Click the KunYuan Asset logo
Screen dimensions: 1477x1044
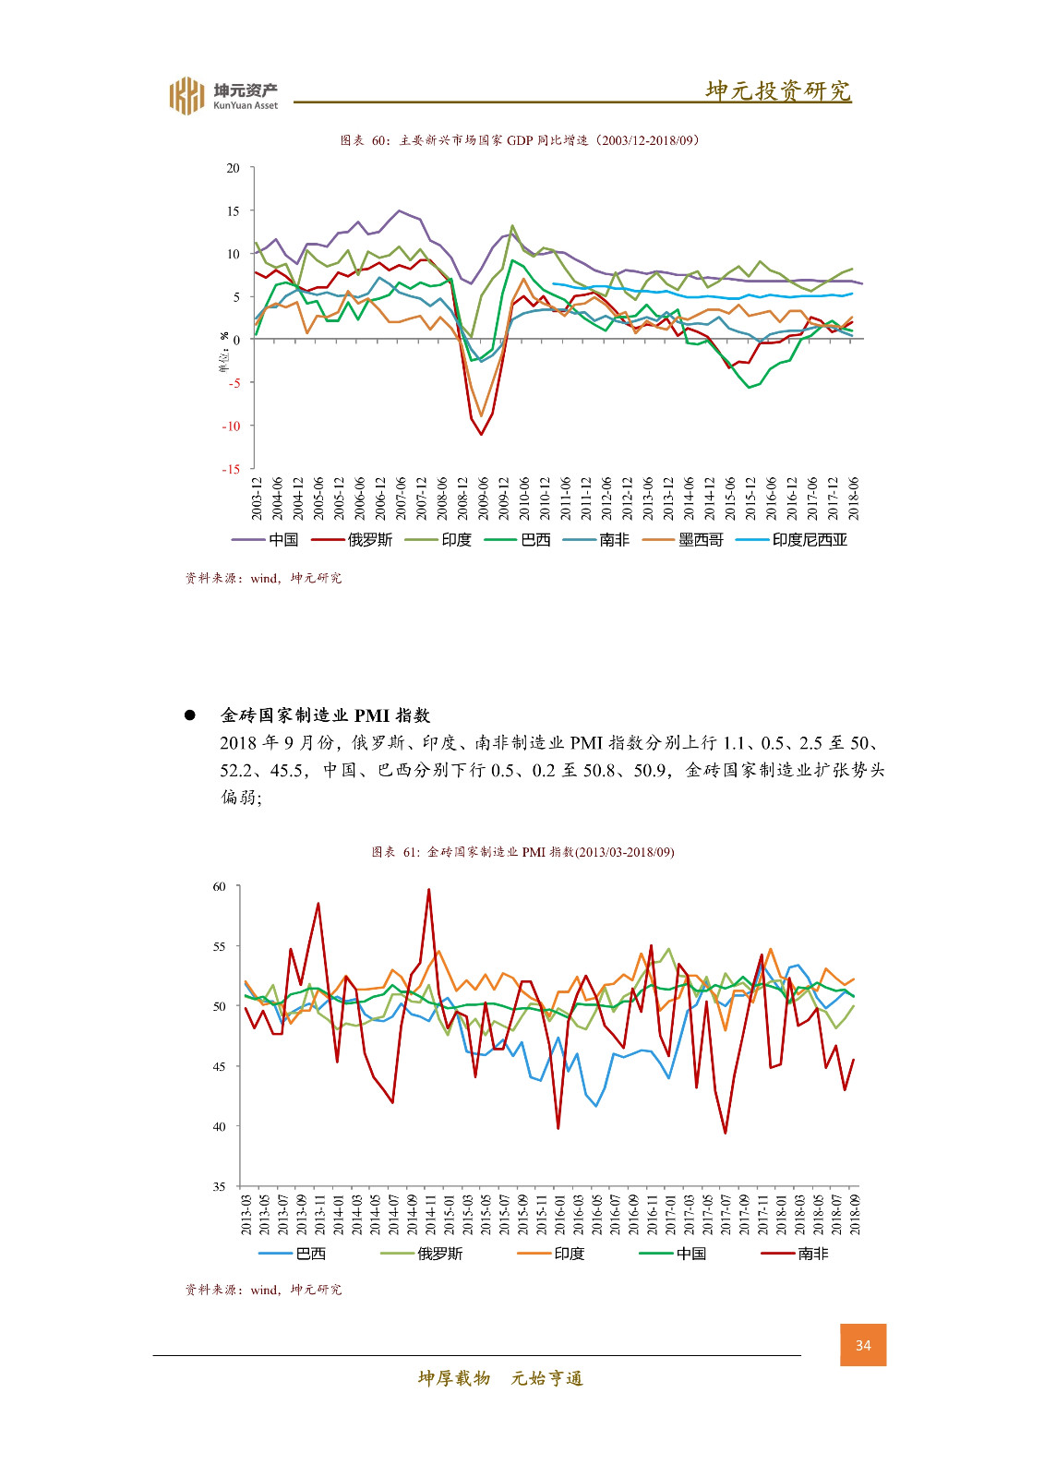[x=222, y=95]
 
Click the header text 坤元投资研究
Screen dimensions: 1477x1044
[x=777, y=90]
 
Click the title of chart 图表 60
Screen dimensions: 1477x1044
[x=520, y=140]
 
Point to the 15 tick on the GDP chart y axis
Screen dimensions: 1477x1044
[x=234, y=211]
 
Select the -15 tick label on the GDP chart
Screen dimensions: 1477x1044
[x=231, y=469]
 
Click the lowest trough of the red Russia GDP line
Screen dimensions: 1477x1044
[x=481, y=434]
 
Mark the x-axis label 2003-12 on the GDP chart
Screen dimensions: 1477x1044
[x=258, y=498]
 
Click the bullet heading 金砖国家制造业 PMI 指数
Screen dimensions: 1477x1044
[x=325, y=715]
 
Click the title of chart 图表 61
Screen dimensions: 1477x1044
[x=522, y=852]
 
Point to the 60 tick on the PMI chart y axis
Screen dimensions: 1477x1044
[x=220, y=887]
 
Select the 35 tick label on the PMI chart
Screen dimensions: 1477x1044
[x=220, y=1187]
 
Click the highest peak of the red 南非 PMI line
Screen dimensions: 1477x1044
[x=429, y=890]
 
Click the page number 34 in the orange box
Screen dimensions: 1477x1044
[x=863, y=1345]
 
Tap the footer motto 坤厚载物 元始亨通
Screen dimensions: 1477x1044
[x=500, y=1378]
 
